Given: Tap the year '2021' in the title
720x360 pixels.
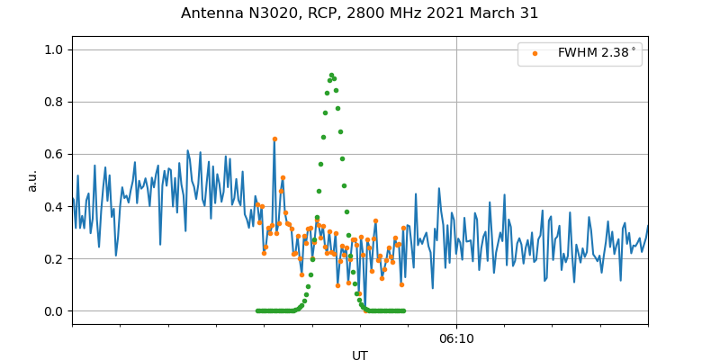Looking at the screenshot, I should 468,13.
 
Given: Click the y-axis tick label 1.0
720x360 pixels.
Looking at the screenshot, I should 53,49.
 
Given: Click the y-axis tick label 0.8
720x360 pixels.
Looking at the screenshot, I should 53,102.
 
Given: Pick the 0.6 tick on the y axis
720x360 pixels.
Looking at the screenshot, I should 53,154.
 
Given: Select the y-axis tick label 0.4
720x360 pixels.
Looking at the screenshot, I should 53,206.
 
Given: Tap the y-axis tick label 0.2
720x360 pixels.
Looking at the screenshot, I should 53,258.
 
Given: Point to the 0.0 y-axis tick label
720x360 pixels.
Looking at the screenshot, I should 53,311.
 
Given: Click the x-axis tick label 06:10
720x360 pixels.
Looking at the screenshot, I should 456,338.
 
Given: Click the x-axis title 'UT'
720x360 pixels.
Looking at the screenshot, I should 360,355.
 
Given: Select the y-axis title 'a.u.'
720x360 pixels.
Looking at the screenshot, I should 32,180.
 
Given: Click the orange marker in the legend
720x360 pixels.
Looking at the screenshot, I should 535,53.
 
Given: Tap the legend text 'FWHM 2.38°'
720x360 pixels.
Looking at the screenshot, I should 597,53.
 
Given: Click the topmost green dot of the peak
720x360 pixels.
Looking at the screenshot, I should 331,75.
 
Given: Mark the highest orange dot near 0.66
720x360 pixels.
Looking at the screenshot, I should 274,139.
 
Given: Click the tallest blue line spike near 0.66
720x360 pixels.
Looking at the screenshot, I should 274,140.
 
